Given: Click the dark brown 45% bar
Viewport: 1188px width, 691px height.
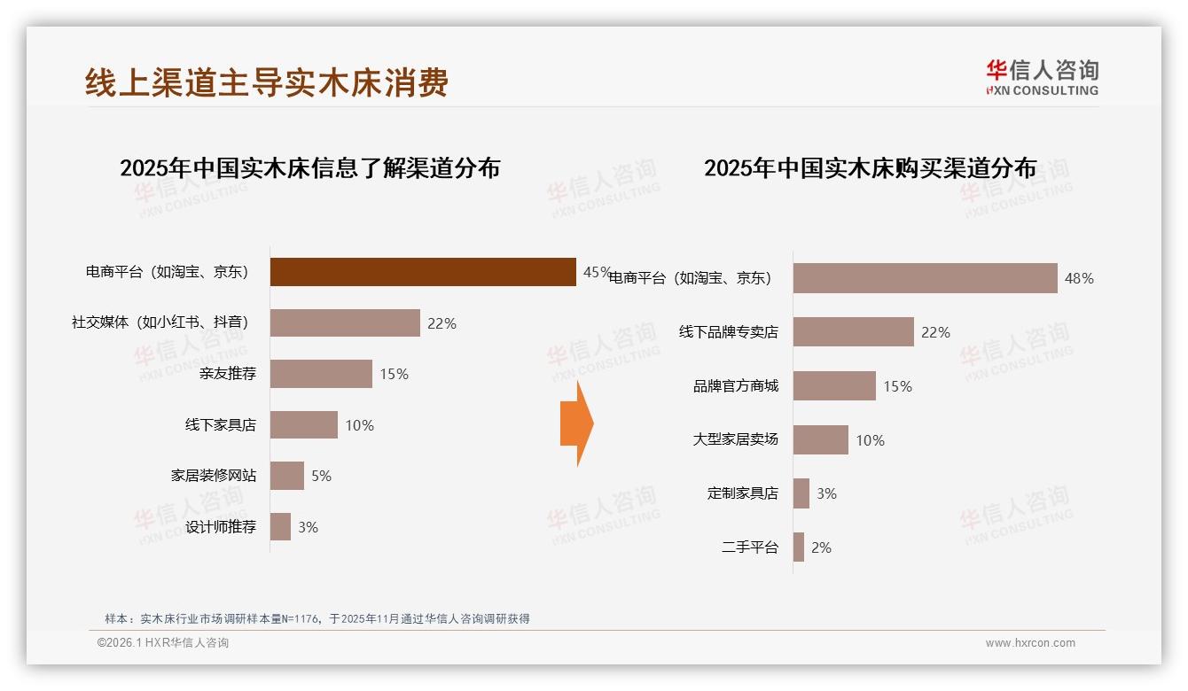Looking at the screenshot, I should click(423, 272).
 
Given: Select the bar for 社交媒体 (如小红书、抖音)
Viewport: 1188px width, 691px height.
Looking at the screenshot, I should click(345, 323).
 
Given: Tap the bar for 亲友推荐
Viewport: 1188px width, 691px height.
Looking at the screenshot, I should click(321, 374).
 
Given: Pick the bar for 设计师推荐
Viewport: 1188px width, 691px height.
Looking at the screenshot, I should click(280, 527).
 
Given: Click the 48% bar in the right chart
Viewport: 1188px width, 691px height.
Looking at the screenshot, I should click(925, 278).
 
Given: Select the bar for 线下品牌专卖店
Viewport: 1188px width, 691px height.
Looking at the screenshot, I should click(853, 332).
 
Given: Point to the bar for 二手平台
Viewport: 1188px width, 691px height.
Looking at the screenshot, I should click(799, 547).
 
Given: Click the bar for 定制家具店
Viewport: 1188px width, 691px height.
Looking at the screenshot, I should click(801, 493).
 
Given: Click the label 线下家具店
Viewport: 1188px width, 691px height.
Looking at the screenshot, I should click(220, 425).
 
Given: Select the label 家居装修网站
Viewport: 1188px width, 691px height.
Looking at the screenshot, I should click(213, 476).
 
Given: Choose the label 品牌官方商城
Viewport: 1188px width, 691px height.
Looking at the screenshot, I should click(735, 386).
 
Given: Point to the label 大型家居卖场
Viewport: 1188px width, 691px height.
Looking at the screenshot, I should click(735, 439).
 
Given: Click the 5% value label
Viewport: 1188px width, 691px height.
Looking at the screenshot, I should click(321, 477).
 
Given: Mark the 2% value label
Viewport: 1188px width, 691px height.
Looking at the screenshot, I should click(821, 548).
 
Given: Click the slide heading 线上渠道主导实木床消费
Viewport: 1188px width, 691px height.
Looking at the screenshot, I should click(267, 82).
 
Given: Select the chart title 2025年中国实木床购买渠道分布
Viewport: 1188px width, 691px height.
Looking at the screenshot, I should click(870, 168).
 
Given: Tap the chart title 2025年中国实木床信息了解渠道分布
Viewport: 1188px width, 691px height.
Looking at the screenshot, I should click(309, 168).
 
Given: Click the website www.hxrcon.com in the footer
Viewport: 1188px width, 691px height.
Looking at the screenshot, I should click(1030, 643).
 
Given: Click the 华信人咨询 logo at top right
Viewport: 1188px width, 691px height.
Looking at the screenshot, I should click(1042, 77).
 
